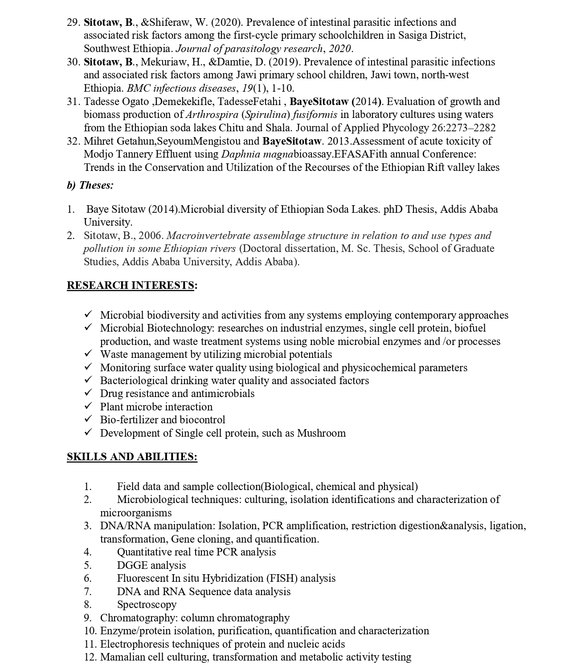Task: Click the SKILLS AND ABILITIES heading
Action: coord(132,457)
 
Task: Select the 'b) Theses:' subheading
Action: coord(90,185)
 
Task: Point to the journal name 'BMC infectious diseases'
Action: coord(181,88)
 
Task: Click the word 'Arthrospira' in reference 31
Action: coord(212,115)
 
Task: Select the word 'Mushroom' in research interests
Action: coord(321,433)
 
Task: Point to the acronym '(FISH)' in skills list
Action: coord(282,578)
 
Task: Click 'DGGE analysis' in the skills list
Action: coord(151,565)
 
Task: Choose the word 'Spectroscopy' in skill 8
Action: coord(147,604)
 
